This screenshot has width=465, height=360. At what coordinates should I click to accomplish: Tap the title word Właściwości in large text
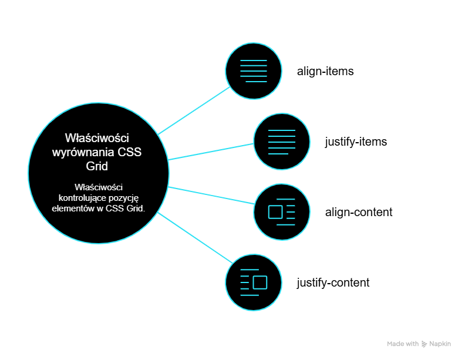(97, 139)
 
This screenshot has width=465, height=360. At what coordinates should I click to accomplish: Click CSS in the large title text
(130, 152)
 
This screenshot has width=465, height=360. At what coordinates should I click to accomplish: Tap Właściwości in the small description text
(98, 188)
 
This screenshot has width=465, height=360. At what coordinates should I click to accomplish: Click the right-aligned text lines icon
(254, 71)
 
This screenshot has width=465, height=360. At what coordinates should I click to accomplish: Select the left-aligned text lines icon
(282, 142)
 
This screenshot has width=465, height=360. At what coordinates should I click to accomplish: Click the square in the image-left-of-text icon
(275, 211)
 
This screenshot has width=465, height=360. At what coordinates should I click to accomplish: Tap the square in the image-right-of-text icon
(260, 282)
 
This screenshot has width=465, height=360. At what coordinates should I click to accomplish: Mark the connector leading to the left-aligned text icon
(211, 151)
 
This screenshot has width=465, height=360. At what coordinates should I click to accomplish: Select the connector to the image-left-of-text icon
(211, 196)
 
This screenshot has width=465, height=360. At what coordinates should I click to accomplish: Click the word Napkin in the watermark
(440, 344)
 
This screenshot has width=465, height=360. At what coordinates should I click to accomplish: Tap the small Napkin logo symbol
(424, 344)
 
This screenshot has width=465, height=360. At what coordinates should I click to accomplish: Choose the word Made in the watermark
(395, 344)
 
